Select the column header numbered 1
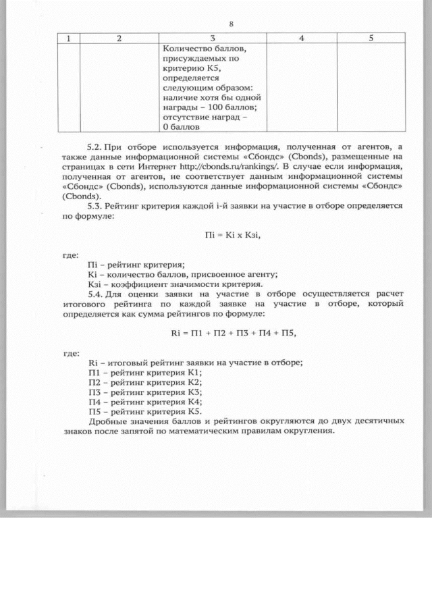(68, 38)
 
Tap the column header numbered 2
(119, 38)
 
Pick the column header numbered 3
(213, 38)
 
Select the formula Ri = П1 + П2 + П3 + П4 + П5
(234, 333)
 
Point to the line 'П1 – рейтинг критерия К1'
(145, 373)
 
